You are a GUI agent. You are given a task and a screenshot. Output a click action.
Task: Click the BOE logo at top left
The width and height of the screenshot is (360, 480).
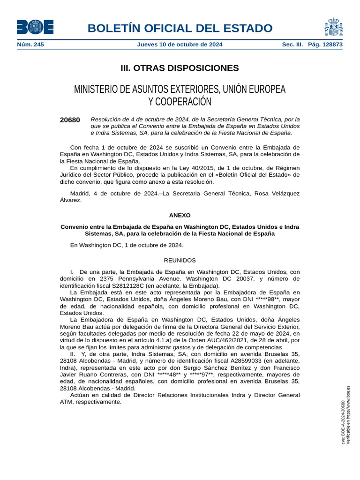pos(35,27)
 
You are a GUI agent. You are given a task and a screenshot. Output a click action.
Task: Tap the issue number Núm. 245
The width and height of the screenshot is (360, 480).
pos(30,45)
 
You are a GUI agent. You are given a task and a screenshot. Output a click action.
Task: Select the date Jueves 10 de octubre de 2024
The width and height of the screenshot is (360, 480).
pos(180,45)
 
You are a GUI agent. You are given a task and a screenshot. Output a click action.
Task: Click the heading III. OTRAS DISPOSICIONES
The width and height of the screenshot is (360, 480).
pos(180,68)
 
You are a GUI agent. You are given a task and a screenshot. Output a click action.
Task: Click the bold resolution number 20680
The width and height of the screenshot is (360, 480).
pos(70,120)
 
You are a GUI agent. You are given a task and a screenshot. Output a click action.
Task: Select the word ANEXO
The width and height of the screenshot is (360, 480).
pos(180,215)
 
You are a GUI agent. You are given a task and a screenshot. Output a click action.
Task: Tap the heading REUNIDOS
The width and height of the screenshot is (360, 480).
pos(180,260)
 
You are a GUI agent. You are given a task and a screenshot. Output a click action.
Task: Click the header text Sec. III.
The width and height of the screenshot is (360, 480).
pos(292,45)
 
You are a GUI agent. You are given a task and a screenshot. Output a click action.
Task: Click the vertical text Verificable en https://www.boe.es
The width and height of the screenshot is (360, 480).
pos(348,415)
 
